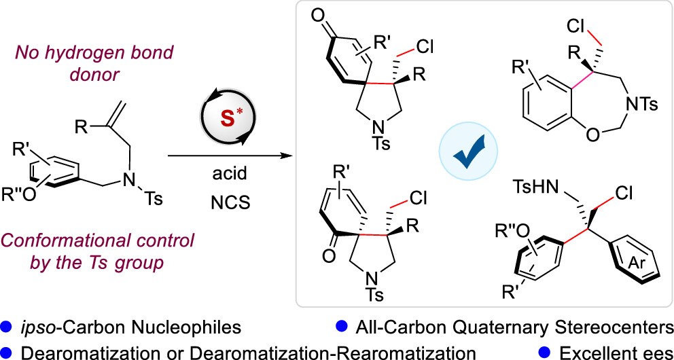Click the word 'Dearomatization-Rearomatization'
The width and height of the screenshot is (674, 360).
click(370, 351)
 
